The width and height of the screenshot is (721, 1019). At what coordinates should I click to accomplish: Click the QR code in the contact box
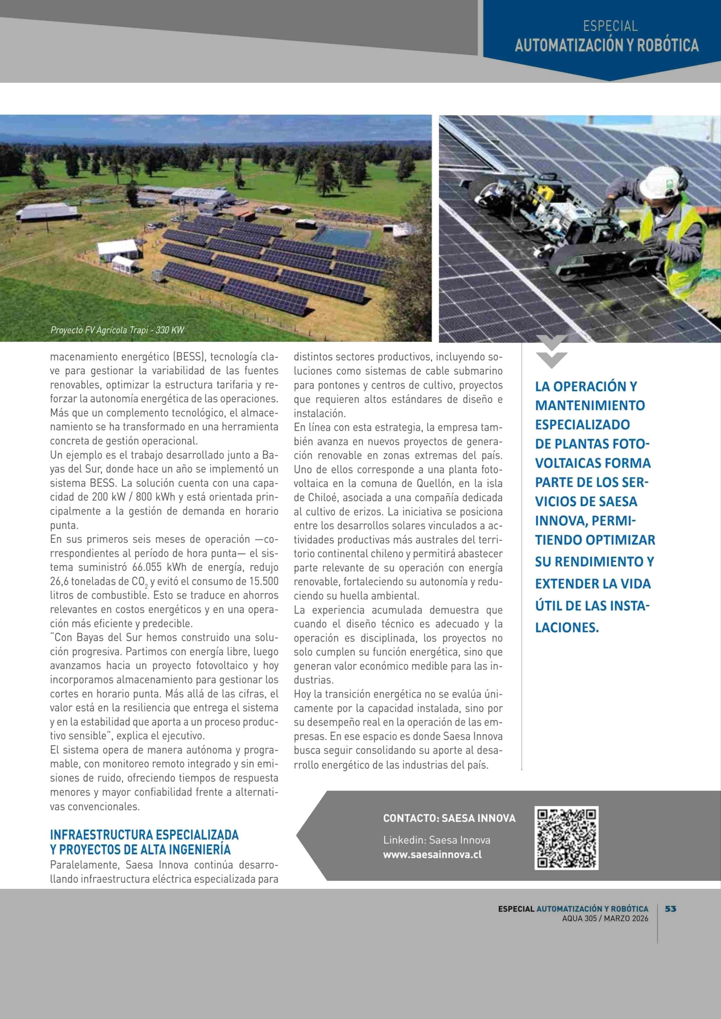click(x=566, y=838)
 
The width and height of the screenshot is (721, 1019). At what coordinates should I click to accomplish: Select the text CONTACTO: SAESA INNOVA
click(x=449, y=818)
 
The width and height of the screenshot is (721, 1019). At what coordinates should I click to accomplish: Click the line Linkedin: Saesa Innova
click(x=436, y=840)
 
